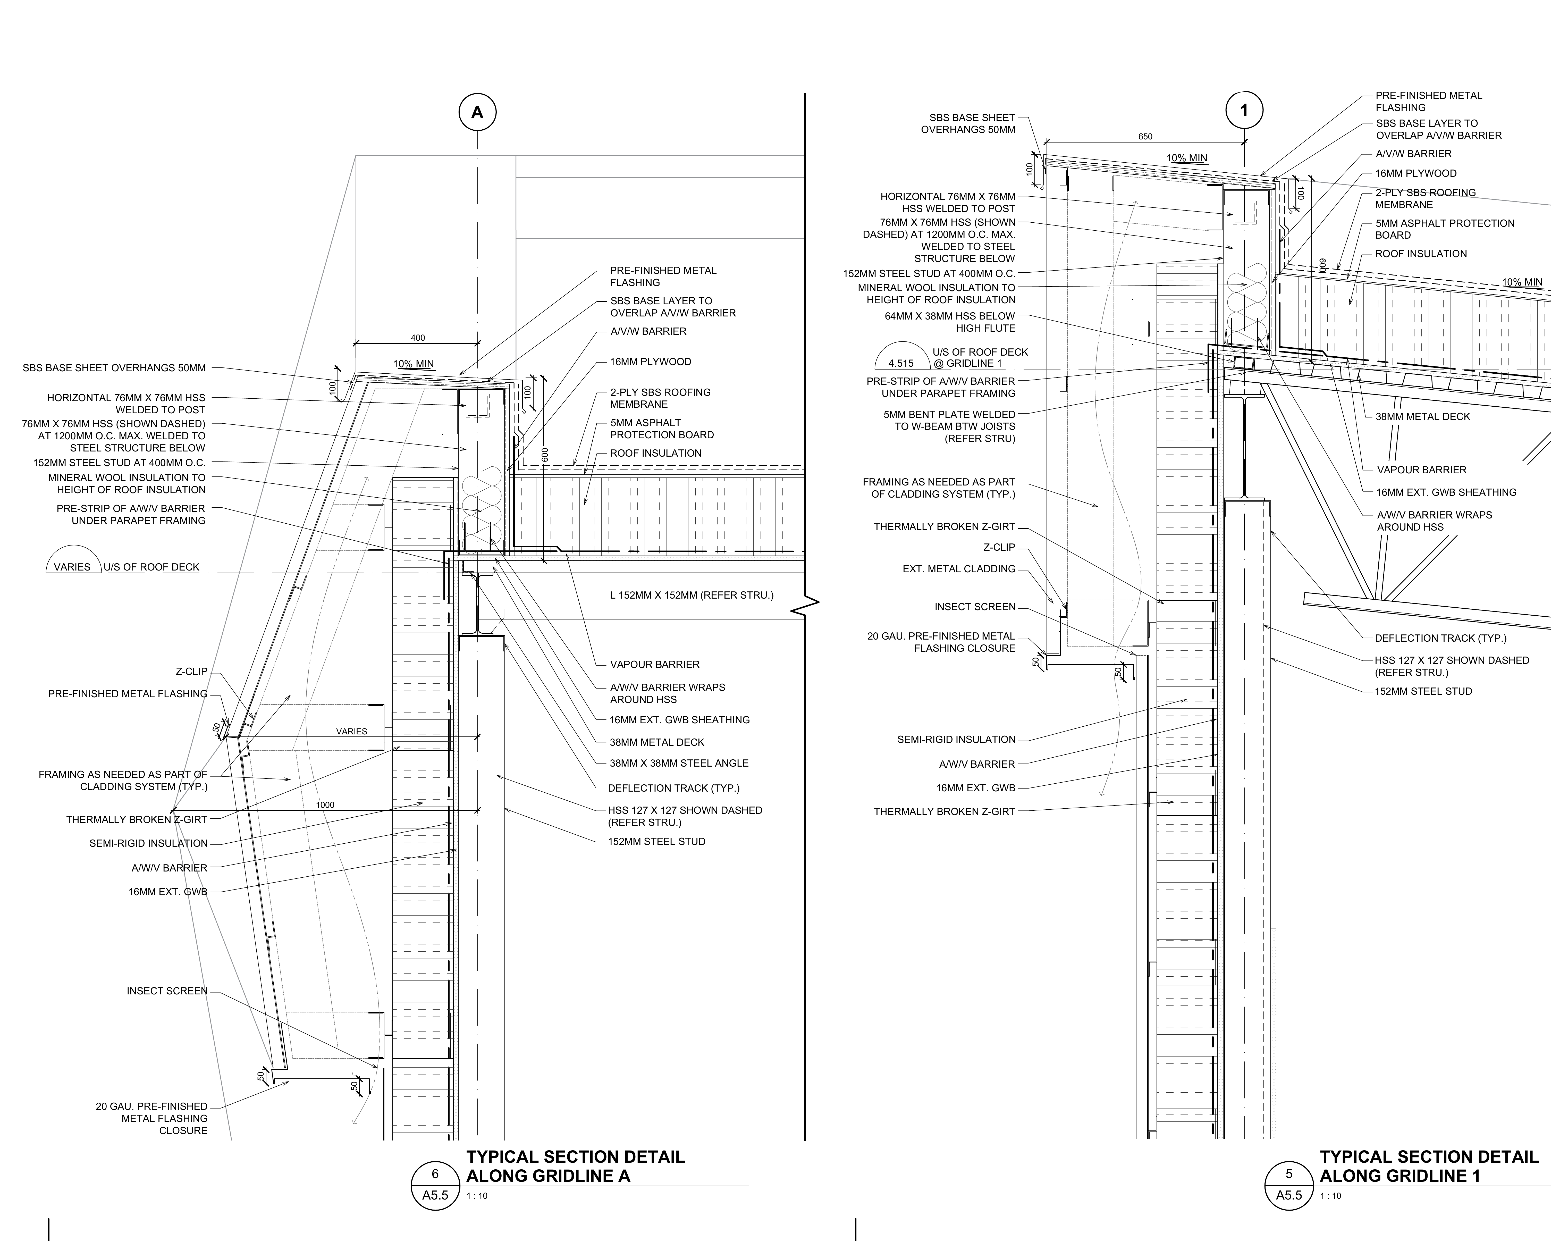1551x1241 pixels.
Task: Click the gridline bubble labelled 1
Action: pyautogui.click(x=1245, y=111)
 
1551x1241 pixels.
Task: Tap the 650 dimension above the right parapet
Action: pyautogui.click(x=1145, y=137)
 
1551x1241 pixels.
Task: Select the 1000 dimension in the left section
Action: pyautogui.click(x=325, y=805)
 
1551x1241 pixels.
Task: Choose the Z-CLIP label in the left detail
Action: pyautogui.click(x=191, y=671)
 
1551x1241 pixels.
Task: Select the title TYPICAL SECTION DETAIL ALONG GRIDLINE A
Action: pyautogui.click(x=576, y=1166)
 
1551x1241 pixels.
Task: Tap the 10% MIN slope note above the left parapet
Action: pyautogui.click(x=414, y=364)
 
